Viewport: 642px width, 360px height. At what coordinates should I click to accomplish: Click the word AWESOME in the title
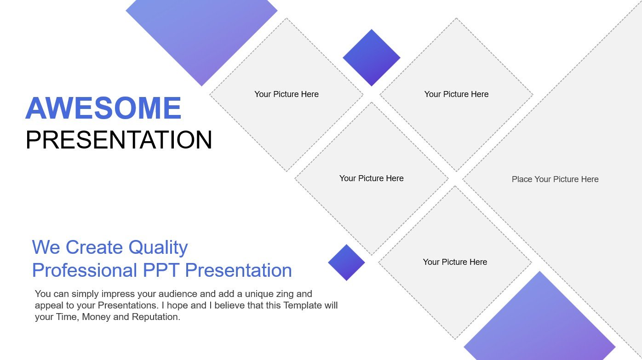(103, 108)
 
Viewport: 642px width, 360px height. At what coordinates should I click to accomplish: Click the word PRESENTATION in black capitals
(119, 140)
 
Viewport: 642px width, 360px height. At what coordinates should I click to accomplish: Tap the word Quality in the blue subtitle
(158, 248)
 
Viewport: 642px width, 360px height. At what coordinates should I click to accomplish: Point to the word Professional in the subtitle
(85, 270)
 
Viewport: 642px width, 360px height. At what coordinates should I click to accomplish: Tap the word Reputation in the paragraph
(156, 317)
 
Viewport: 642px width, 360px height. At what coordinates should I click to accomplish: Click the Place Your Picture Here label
(555, 179)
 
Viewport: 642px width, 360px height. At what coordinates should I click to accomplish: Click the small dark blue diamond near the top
(372, 57)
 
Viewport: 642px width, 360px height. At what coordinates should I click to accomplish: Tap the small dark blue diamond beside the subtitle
(346, 262)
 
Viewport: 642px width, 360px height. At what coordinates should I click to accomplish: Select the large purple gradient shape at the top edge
(201, 34)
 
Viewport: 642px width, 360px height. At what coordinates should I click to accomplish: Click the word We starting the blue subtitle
(46, 247)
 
